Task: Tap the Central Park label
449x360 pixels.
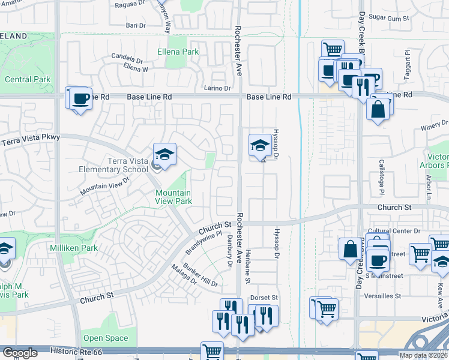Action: pyautogui.click(x=28, y=79)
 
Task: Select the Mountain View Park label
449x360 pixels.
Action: pyautogui.click(x=173, y=197)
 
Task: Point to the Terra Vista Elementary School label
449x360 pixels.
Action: pyautogui.click(x=113, y=165)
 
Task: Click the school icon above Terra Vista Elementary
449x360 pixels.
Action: pyautogui.click(x=164, y=154)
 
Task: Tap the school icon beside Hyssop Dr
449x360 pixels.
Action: pyautogui.click(x=260, y=145)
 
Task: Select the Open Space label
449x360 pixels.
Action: pyautogui.click(x=106, y=338)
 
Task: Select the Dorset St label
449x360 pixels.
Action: pyautogui.click(x=264, y=298)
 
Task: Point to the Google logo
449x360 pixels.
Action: pyautogui.click(x=20, y=353)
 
